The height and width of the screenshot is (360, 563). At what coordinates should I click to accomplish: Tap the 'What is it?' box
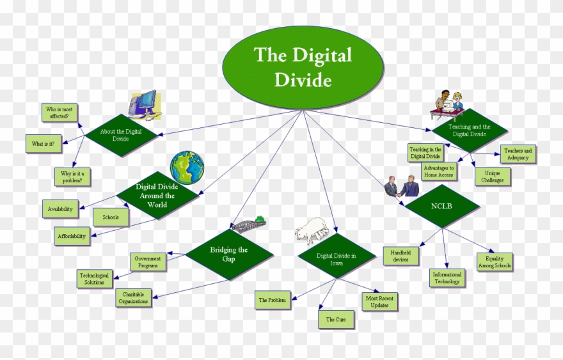(44, 144)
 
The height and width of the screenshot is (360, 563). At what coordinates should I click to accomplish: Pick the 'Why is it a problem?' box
(72, 176)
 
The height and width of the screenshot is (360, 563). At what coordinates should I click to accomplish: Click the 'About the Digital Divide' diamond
(120, 135)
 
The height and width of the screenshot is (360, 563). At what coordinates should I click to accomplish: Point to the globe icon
(187, 168)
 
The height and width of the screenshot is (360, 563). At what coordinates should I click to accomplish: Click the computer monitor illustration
(145, 104)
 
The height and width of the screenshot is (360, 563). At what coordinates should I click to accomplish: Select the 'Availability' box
(60, 209)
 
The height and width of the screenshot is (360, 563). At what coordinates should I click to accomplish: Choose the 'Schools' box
(111, 217)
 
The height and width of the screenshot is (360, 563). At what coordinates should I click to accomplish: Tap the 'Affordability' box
(71, 236)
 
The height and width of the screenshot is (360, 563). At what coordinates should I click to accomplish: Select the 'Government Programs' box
(148, 262)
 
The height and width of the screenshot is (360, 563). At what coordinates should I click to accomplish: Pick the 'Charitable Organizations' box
(134, 297)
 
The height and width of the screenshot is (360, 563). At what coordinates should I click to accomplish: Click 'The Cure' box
(336, 319)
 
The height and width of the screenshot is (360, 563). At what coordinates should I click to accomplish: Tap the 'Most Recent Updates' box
(379, 301)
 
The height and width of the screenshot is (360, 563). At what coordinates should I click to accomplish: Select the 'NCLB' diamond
(441, 207)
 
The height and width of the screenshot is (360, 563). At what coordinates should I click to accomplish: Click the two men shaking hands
(402, 187)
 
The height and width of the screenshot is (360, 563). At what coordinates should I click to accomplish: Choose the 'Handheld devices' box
(401, 256)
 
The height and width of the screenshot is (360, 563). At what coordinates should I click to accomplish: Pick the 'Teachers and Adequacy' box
(517, 154)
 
